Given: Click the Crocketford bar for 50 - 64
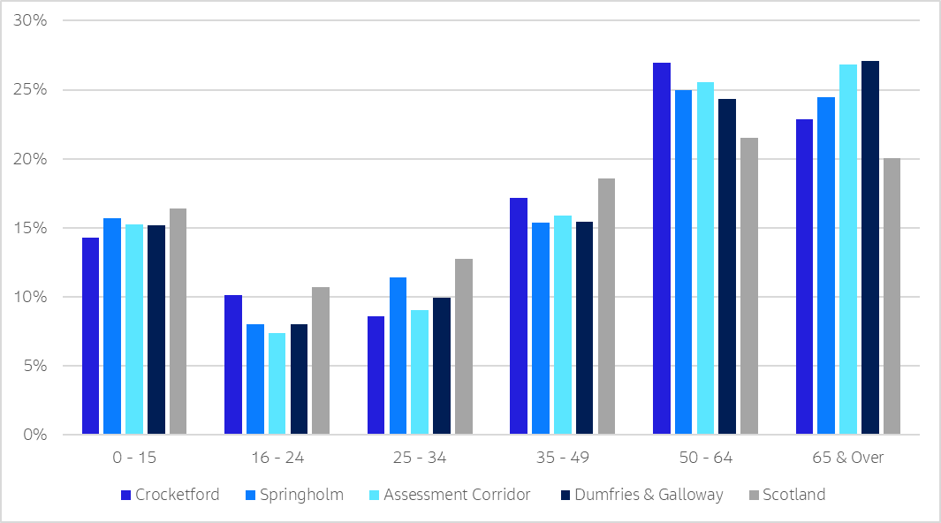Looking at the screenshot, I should pyautogui.click(x=662, y=248).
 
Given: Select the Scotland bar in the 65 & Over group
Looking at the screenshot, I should pyautogui.click(x=892, y=296).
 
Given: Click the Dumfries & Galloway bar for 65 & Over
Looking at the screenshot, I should pyautogui.click(x=869, y=247).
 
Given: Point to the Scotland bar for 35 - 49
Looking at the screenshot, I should pyautogui.click(x=606, y=306).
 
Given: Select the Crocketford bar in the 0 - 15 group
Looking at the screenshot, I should pyautogui.click(x=90, y=336).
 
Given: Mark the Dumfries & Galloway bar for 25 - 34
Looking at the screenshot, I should pyautogui.click(x=442, y=366).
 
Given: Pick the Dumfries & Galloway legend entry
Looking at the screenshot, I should pyautogui.click(x=641, y=495).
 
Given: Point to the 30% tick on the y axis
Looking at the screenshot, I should pyautogui.click(x=33, y=20).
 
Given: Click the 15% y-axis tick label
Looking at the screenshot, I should pyautogui.click(x=33, y=228).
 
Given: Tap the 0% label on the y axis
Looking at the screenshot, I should pyautogui.click(x=36, y=435).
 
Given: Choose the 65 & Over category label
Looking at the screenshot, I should pyautogui.click(x=848, y=458).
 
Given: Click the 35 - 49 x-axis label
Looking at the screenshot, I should pyautogui.click(x=562, y=458).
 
